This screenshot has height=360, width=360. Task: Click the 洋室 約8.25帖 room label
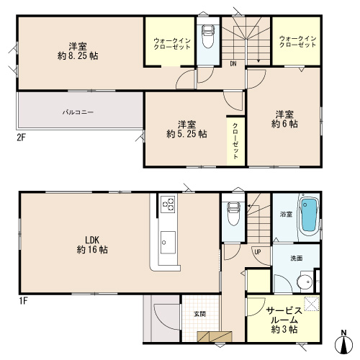tap(78, 51)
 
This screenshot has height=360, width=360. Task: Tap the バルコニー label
tap(78, 112)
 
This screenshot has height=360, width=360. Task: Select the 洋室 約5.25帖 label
tap(186, 129)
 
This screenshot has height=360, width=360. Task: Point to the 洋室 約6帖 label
tap(284, 119)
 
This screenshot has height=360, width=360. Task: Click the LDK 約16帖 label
tap(92, 245)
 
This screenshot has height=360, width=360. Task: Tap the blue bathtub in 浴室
tap(310, 215)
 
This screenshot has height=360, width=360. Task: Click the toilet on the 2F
tap(208, 37)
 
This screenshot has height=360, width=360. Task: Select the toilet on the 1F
tap(233, 214)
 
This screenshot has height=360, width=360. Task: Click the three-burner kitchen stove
tap(168, 204)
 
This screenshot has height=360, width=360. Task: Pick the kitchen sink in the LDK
tap(168, 242)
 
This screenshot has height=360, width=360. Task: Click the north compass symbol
tap(344, 343)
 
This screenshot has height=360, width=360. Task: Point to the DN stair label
tap(233, 64)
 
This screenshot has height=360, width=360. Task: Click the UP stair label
tap(258, 252)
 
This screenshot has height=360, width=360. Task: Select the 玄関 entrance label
tap(199, 314)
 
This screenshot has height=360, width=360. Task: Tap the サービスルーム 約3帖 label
tap(284, 320)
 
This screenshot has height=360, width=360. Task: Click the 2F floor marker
tap(21, 138)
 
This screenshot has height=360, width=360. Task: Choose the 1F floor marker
tap(24, 301)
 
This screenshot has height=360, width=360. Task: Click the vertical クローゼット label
tap(235, 141)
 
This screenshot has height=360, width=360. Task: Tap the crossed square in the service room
tap(312, 304)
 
